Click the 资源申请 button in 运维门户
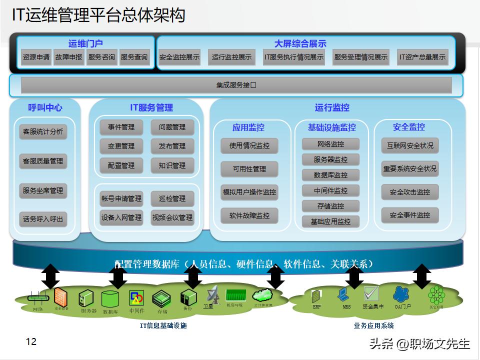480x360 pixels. point(36,57)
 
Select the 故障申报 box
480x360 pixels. point(68,57)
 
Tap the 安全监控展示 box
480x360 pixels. point(179,57)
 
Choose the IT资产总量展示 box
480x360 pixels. point(422,57)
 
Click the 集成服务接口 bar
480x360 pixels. point(236,85)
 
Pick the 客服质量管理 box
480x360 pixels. point(43,161)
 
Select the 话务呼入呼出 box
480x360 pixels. point(43,219)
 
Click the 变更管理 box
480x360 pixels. point(121,146)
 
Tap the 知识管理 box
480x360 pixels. point(172,165)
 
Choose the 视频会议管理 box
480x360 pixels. point(172,217)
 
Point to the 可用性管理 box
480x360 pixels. point(249,169)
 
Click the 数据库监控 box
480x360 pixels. point(330,175)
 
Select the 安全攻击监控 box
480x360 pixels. point(409,192)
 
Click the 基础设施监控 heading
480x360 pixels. point(331,127)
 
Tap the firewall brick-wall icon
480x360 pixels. point(60,296)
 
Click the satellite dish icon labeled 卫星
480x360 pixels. point(212,294)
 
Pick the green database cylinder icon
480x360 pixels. point(109,299)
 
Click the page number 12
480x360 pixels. point(31,342)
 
